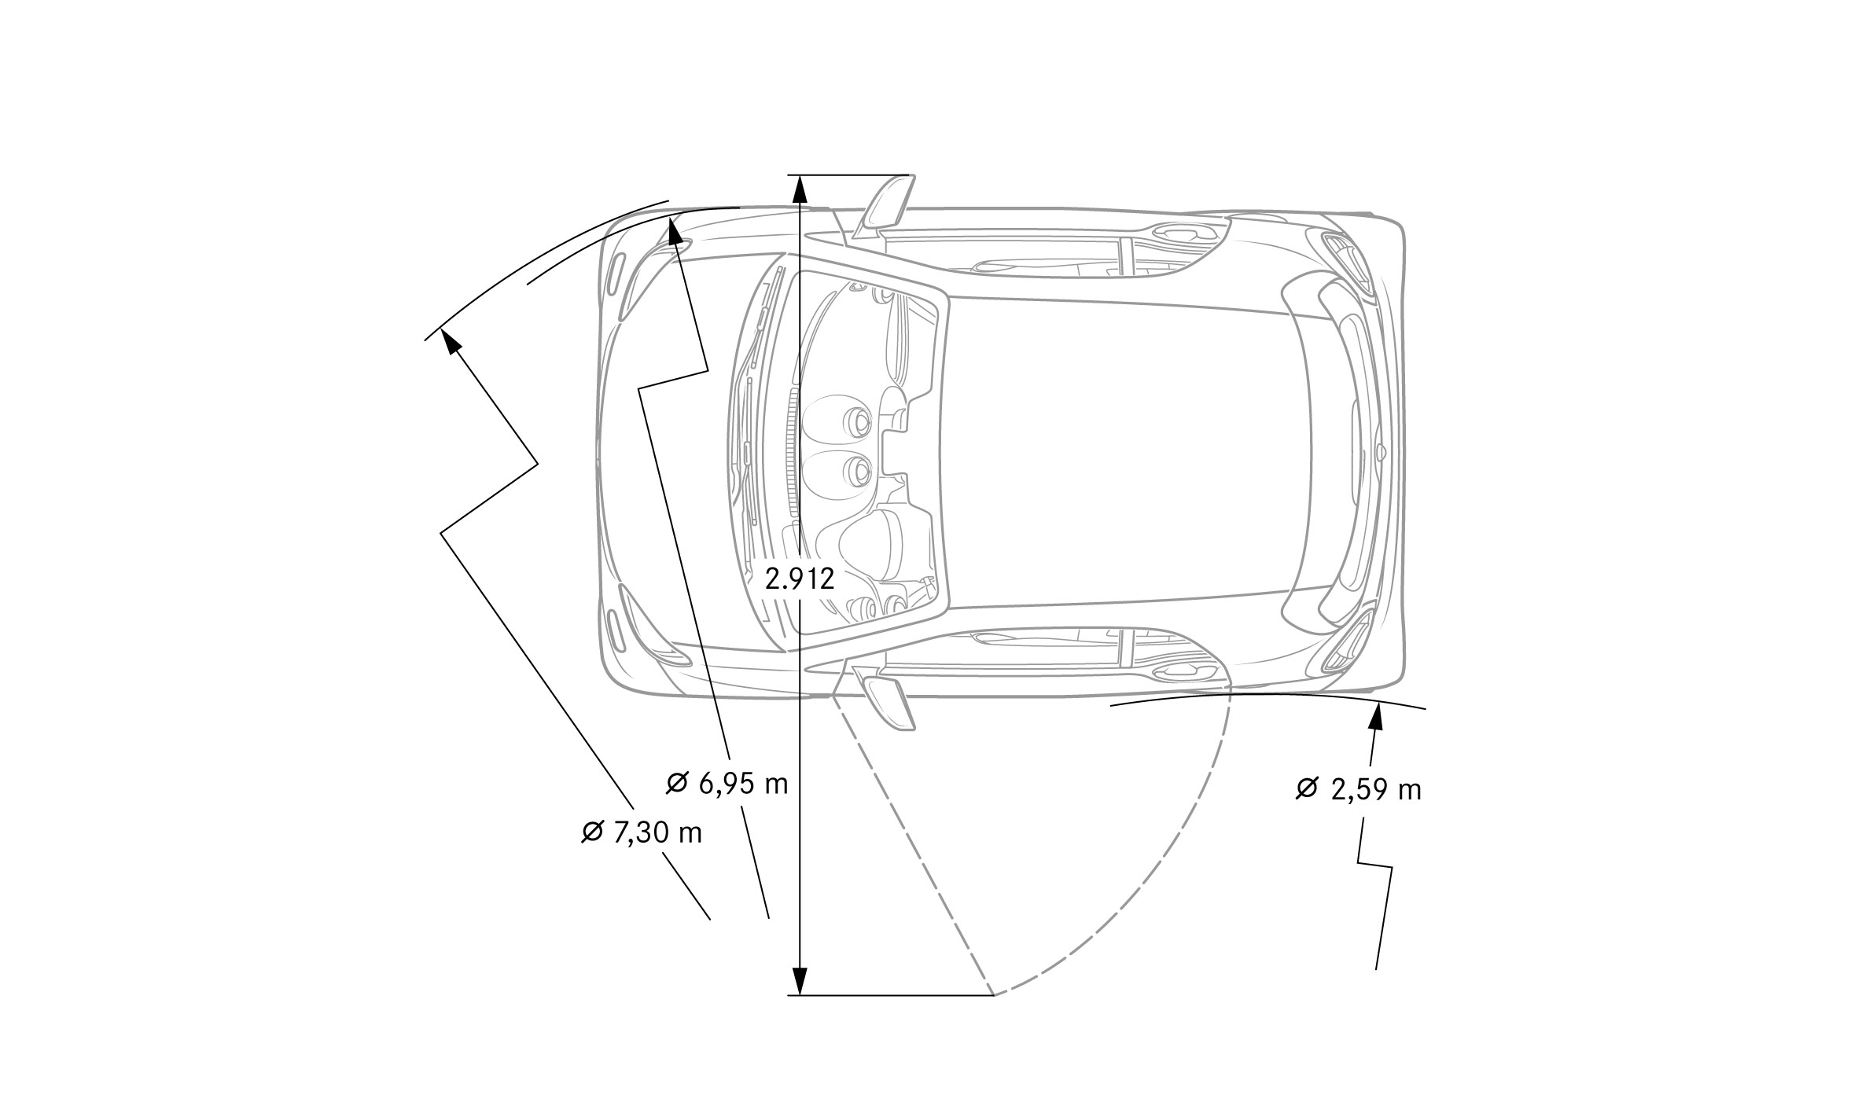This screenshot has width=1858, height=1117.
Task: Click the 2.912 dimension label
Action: pos(799,579)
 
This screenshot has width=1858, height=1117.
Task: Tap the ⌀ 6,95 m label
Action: pos(727,783)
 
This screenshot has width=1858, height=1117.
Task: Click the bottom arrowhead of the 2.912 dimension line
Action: pos(799,981)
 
